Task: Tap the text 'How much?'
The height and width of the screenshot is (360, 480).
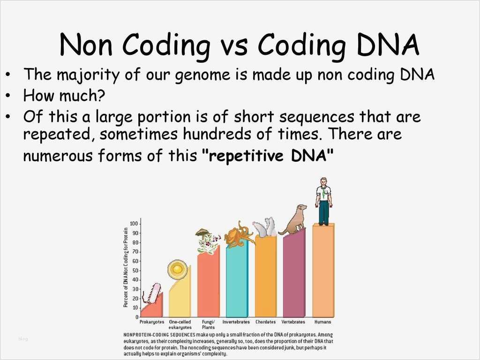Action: tap(64, 96)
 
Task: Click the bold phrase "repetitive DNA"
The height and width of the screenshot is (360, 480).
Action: tap(268, 156)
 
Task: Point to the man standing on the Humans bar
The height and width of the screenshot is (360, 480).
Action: tap(323, 201)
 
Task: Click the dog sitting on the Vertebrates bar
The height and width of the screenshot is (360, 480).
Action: tap(294, 220)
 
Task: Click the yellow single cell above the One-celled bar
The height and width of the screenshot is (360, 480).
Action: tap(177, 270)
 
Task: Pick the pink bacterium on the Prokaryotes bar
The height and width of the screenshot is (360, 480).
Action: tap(155, 293)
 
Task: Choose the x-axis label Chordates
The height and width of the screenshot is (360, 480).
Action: tap(265, 322)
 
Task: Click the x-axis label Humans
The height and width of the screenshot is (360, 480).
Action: tap(322, 322)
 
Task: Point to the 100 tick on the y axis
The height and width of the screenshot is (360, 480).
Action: tap(134, 224)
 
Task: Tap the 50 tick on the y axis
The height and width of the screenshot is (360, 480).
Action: tap(135, 270)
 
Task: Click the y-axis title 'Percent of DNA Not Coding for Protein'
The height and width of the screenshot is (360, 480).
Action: tap(126, 267)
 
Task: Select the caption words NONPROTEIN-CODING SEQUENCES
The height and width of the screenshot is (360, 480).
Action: tap(159, 335)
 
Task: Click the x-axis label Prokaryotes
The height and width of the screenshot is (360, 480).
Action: tap(152, 322)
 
